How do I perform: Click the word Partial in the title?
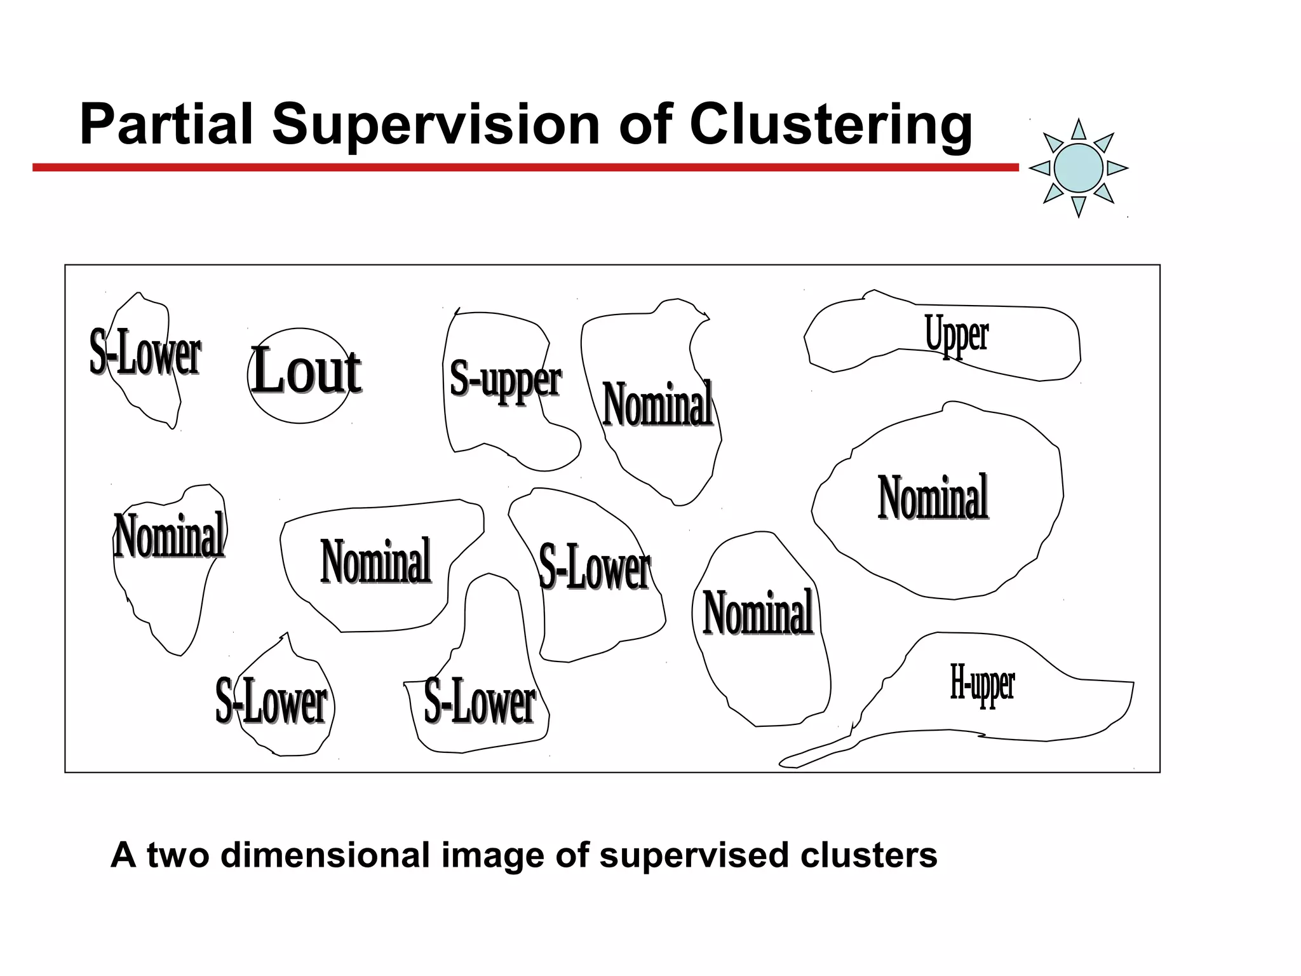pos(166,125)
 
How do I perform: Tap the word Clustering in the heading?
pos(831,126)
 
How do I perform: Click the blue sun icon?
pos(1078,168)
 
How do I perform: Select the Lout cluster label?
pos(306,372)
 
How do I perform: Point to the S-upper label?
pos(505,379)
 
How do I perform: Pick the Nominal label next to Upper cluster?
pos(933,498)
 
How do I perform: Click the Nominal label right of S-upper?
pos(657,404)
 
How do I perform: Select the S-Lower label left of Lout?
pos(145,353)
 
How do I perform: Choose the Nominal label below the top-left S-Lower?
pos(169,536)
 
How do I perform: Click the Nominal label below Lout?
pos(375,561)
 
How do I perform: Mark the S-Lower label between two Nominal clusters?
pos(594,567)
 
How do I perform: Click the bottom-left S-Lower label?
pos(271,701)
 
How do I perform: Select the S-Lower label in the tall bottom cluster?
pos(480,701)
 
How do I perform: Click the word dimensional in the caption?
pos(325,855)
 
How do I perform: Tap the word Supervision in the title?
pos(436,125)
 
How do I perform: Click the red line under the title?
pos(525,168)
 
